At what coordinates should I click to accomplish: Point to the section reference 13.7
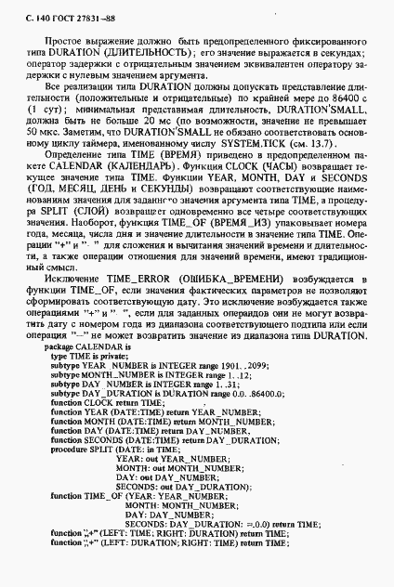335,145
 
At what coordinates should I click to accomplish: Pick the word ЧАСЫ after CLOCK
278,169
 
